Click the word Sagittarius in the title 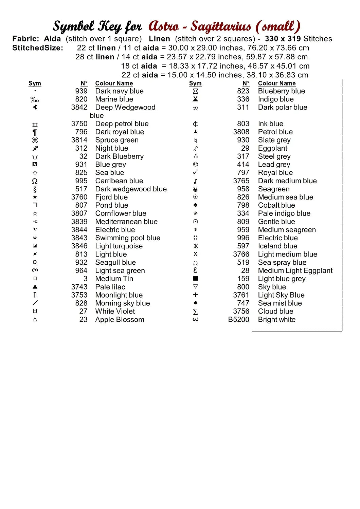(x=221, y=26)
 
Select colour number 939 (x=81, y=91)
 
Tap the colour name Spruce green (x=117, y=140)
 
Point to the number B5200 (x=238, y=320)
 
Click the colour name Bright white (x=276, y=320)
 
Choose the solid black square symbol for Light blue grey (x=195, y=279)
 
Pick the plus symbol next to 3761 (x=195, y=295)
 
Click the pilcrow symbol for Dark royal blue (x=35, y=132)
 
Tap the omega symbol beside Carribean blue (x=35, y=181)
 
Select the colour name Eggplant (x=272, y=148)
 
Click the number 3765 (x=241, y=181)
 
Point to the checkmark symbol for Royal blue (x=195, y=172)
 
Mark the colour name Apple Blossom (x=120, y=320)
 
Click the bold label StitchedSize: (x=38, y=48)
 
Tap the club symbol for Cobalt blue (x=195, y=205)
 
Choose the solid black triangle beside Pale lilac (x=35, y=287)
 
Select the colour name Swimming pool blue (x=128, y=238)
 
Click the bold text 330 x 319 (x=283, y=39)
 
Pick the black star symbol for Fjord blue (x=35, y=197)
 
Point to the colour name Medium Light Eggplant (x=295, y=270)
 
